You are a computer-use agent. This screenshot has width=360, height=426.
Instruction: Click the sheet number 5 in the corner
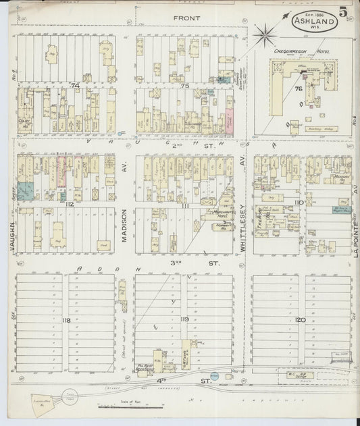(344, 12)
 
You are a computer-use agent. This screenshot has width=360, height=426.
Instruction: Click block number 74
(74, 86)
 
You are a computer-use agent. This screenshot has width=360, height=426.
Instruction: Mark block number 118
(66, 319)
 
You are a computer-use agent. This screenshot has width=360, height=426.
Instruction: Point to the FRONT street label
(183, 18)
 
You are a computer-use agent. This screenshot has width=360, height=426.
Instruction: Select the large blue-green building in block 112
(25, 191)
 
